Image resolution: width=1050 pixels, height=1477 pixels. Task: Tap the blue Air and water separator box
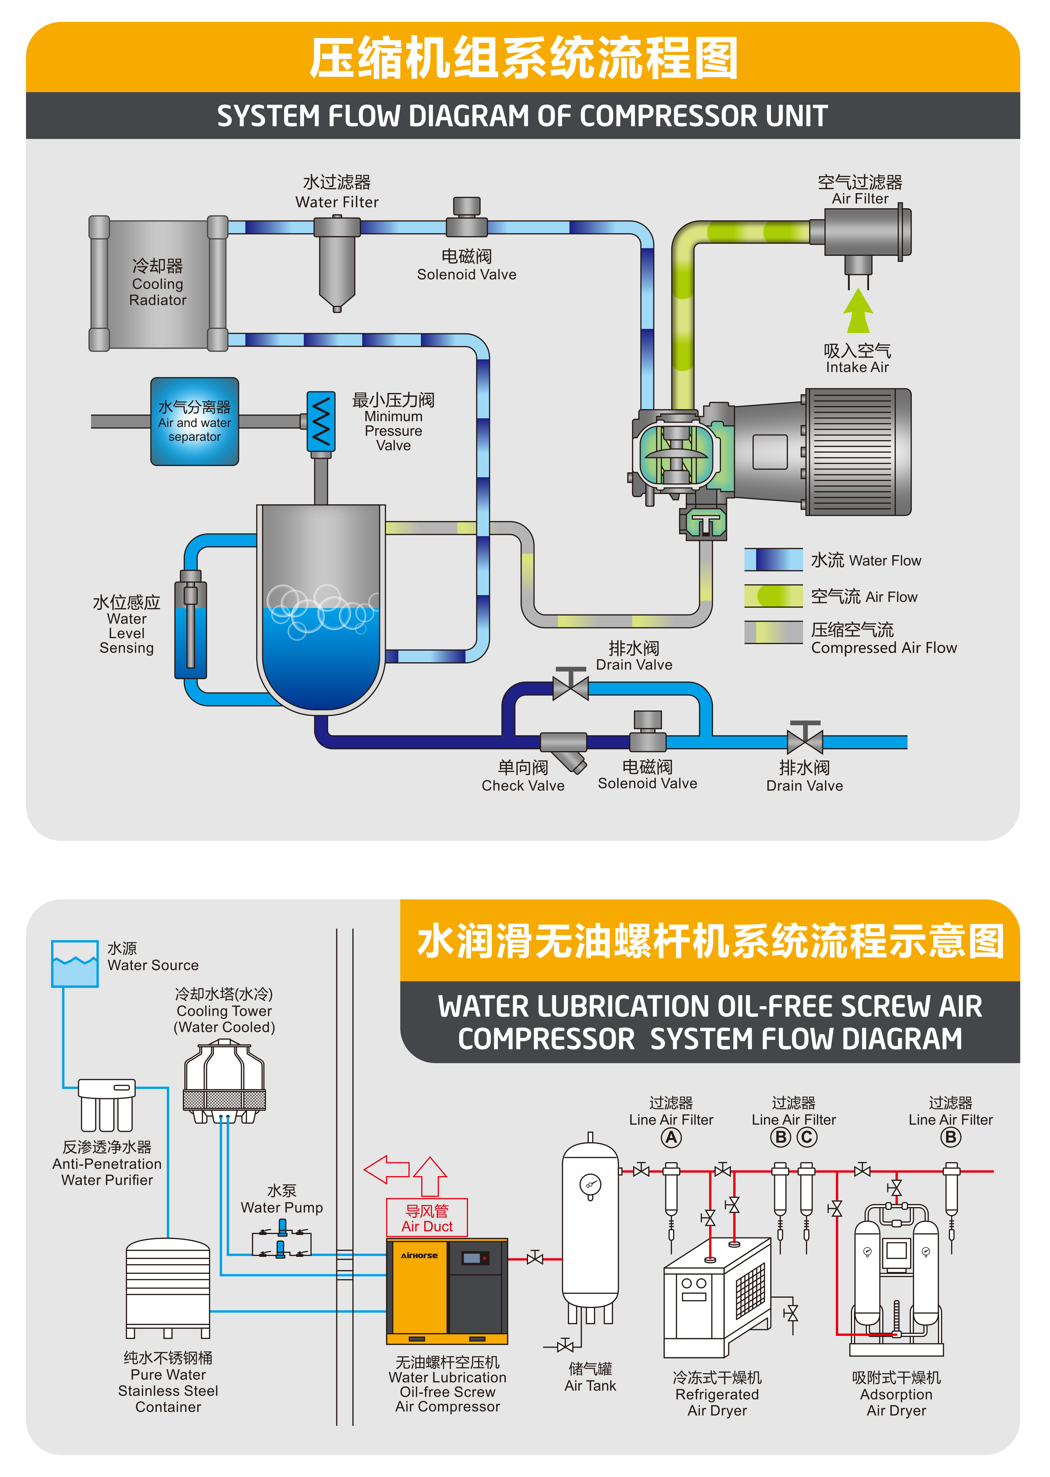(x=195, y=422)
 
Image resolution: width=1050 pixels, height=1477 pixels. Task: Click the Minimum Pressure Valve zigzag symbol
(x=321, y=421)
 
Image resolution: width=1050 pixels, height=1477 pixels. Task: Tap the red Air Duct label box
(x=427, y=1218)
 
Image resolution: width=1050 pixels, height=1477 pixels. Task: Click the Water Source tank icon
(x=75, y=964)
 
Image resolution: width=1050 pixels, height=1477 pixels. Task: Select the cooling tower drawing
(x=224, y=1081)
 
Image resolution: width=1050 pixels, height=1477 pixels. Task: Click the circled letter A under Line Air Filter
(x=671, y=1137)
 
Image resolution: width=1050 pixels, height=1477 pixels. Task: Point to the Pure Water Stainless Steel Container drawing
(x=168, y=1287)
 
